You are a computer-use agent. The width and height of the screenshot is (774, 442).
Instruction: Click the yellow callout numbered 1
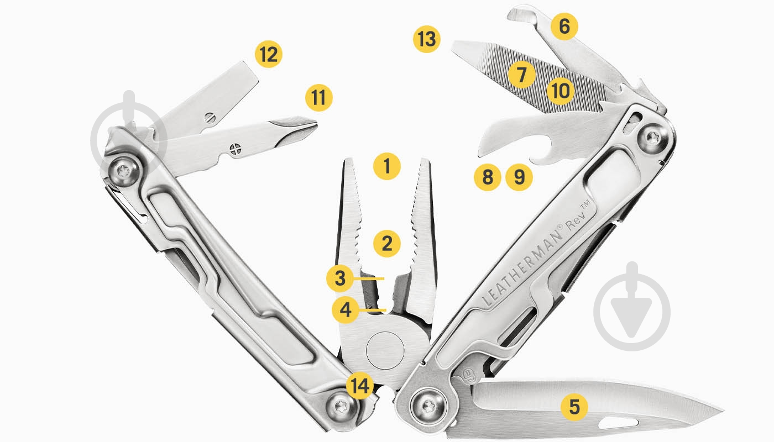tap(386, 165)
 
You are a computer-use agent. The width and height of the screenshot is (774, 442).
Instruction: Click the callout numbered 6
tap(564, 26)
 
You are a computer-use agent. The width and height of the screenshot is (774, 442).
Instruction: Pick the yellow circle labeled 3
tap(340, 278)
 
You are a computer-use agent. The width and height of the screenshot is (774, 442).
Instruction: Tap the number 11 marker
tap(319, 97)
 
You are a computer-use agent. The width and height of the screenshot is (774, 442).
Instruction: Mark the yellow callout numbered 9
tap(519, 177)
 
